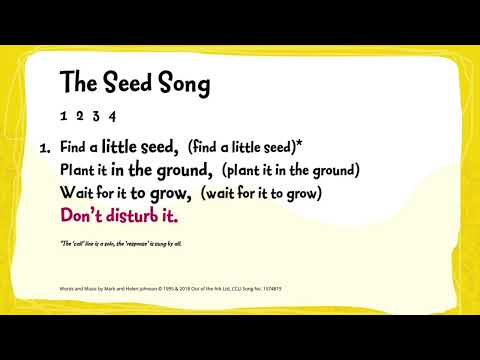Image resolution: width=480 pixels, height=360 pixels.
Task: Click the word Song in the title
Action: (182, 84)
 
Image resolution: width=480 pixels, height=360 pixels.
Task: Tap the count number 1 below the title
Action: (65, 115)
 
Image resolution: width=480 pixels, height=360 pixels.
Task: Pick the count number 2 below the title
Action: (81, 115)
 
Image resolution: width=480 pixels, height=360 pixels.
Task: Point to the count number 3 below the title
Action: (98, 115)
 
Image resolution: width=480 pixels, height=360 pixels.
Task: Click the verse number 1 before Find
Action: (44, 147)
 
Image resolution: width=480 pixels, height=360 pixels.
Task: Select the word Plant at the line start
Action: (77, 169)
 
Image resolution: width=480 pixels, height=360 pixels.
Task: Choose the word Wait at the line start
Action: (75, 192)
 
